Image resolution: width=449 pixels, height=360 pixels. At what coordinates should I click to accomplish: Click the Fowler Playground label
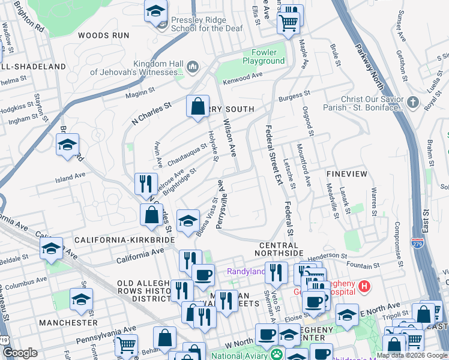pyautogui.click(x=264, y=56)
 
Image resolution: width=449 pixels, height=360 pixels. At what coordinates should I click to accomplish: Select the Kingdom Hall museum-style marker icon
pyautogui.click(x=193, y=65)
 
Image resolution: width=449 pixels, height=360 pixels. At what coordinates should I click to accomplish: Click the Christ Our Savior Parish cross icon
pyautogui.click(x=412, y=102)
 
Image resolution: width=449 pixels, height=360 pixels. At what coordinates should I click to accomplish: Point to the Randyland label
pyautogui.click(x=246, y=271)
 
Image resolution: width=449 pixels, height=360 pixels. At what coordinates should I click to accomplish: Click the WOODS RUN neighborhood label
pyautogui.click(x=103, y=35)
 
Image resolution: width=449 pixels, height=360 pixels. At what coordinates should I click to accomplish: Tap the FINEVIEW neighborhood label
pyautogui.click(x=346, y=173)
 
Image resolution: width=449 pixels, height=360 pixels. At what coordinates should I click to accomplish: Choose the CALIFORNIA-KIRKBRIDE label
pyautogui.click(x=124, y=239)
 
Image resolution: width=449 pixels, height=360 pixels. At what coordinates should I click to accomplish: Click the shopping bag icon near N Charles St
pyautogui.click(x=197, y=107)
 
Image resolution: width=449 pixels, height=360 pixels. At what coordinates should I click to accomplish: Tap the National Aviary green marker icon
pyautogui.click(x=276, y=355)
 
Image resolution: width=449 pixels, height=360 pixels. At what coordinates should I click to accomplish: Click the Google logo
pyautogui.click(x=20, y=353)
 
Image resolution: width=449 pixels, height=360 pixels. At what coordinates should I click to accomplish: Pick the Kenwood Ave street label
pyautogui.click(x=243, y=76)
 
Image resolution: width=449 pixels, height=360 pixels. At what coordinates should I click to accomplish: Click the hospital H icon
pyautogui.click(x=363, y=287)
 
